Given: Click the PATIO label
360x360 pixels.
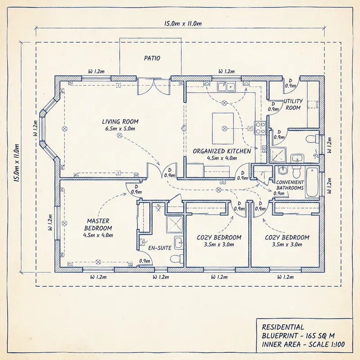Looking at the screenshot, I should coord(152,58).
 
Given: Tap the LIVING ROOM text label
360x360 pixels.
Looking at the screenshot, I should coord(120,121).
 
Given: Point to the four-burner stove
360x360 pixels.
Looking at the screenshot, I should coord(260,128).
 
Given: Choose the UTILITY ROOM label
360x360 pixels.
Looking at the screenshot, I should coord(293,104).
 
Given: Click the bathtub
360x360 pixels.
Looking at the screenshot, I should coord(312,182).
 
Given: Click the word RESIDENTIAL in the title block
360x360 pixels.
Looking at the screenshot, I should coord(283,327).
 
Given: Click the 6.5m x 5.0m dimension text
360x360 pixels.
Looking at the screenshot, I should coord(120,129).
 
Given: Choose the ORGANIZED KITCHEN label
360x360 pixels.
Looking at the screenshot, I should coord(222,151).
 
